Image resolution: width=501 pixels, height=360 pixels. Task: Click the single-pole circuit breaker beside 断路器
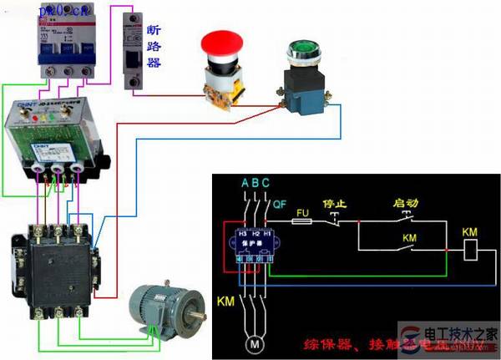point(130,51)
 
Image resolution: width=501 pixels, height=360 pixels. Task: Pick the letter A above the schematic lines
point(244,183)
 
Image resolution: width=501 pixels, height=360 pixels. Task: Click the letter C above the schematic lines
point(265,183)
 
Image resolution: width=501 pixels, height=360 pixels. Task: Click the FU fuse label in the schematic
point(304,212)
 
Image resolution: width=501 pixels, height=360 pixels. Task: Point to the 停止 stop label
point(335,202)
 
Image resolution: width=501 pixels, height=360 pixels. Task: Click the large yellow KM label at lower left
point(225,300)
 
